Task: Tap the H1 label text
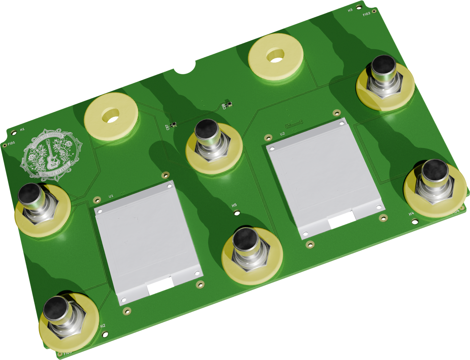pos(22,129)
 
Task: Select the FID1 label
pos(11,143)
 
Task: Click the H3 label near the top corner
pos(350,10)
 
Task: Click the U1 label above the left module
pos(111,196)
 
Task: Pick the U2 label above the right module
pos(283,134)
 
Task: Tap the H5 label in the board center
pos(234,205)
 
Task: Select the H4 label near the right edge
pos(411,214)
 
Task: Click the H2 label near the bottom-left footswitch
pos(103,326)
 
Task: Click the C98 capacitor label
pos(224,106)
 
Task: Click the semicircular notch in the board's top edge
pos(186,68)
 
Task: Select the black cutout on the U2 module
pos(341,220)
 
